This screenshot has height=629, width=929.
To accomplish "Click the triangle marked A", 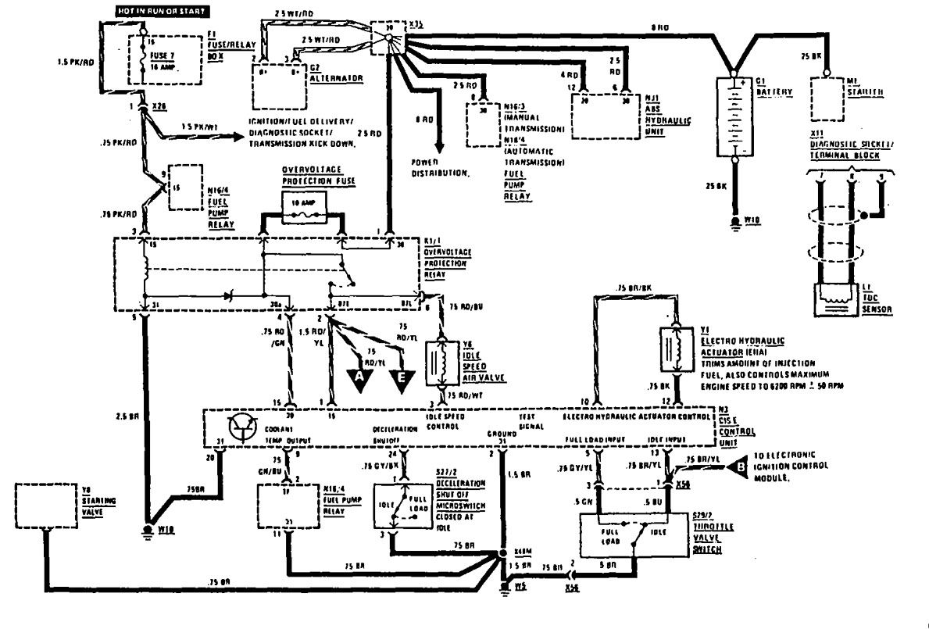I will coord(359,377).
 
